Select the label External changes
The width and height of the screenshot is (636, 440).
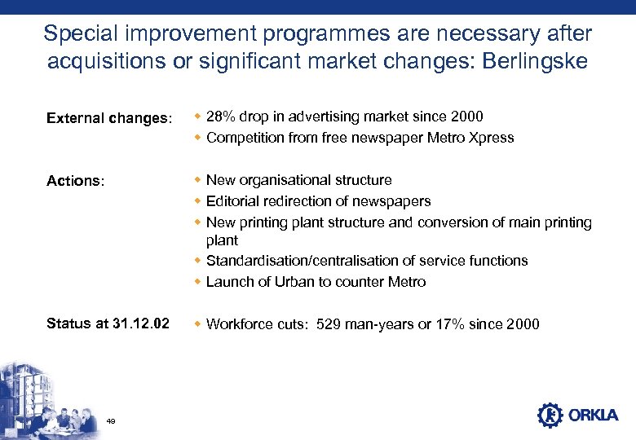click(x=109, y=119)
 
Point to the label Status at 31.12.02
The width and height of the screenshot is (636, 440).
click(x=108, y=323)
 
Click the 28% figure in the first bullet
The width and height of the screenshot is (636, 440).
click(x=220, y=117)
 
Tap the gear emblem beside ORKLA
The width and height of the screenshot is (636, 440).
click(x=550, y=415)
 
